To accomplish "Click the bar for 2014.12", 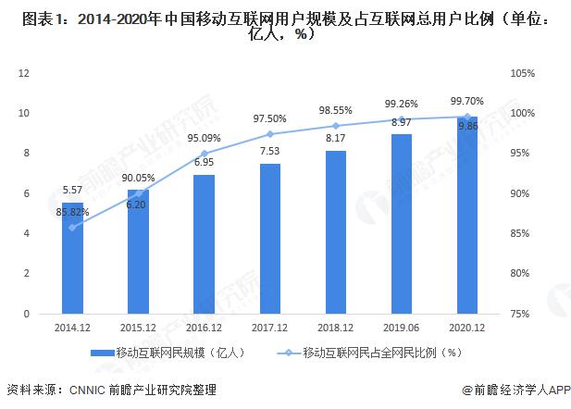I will pyautogui.click(x=72, y=258).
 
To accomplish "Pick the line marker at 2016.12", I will pyautogui.click(x=204, y=154).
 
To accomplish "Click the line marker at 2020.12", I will pyautogui.click(x=466, y=117).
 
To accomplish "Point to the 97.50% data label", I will pyautogui.click(x=269, y=118).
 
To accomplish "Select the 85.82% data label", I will pyautogui.click(x=72, y=212).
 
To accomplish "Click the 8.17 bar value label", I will pyautogui.click(x=335, y=139).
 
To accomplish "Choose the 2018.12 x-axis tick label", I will pyautogui.click(x=335, y=328).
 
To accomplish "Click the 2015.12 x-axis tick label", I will pyautogui.click(x=138, y=328).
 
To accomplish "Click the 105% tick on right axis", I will pyautogui.click(x=523, y=73).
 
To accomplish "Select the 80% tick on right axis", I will pyautogui.click(x=525, y=274).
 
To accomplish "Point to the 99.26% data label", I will pyautogui.click(x=401, y=104).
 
